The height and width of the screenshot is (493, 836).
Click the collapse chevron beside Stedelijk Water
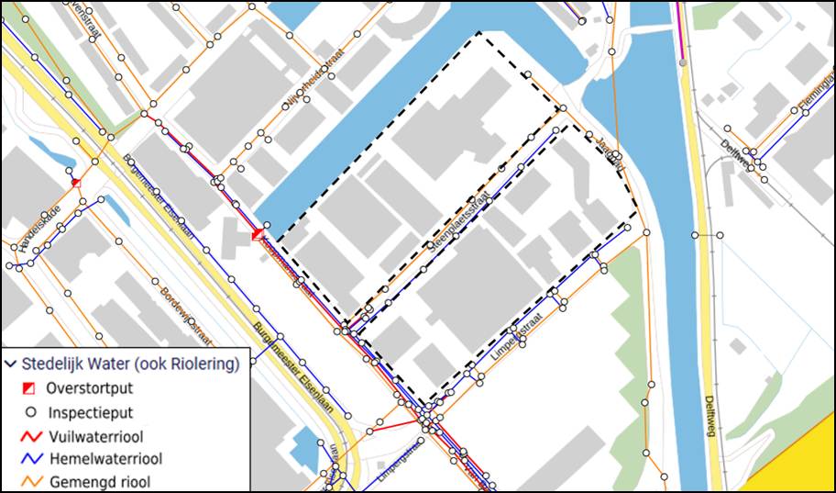[11, 363]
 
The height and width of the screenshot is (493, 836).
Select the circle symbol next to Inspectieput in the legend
[28, 412]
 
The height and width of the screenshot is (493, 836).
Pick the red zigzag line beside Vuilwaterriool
[28, 436]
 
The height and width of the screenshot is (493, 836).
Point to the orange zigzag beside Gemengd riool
[28, 481]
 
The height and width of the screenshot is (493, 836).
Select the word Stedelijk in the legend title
[60, 363]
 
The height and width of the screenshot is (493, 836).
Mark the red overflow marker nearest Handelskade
[76, 183]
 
